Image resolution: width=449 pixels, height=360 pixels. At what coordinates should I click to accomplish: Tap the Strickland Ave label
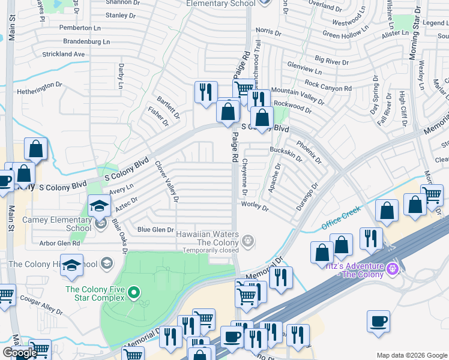tap(64, 54)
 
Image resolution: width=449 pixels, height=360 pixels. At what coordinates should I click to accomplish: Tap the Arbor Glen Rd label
tap(59, 243)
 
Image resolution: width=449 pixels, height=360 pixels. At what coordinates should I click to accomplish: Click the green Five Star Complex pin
tap(133, 293)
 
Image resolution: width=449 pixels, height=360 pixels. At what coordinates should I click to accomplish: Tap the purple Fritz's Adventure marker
tap(393, 267)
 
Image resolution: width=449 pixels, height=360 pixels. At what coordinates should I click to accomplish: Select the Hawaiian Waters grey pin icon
tap(249, 242)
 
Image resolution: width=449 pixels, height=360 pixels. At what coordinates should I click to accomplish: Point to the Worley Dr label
tap(255, 207)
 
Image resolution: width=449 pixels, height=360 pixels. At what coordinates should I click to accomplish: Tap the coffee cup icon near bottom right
tap(378, 322)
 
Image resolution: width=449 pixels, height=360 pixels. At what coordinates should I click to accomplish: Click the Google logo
tap(19, 353)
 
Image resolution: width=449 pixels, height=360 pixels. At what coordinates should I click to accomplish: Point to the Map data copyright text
tap(412, 355)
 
